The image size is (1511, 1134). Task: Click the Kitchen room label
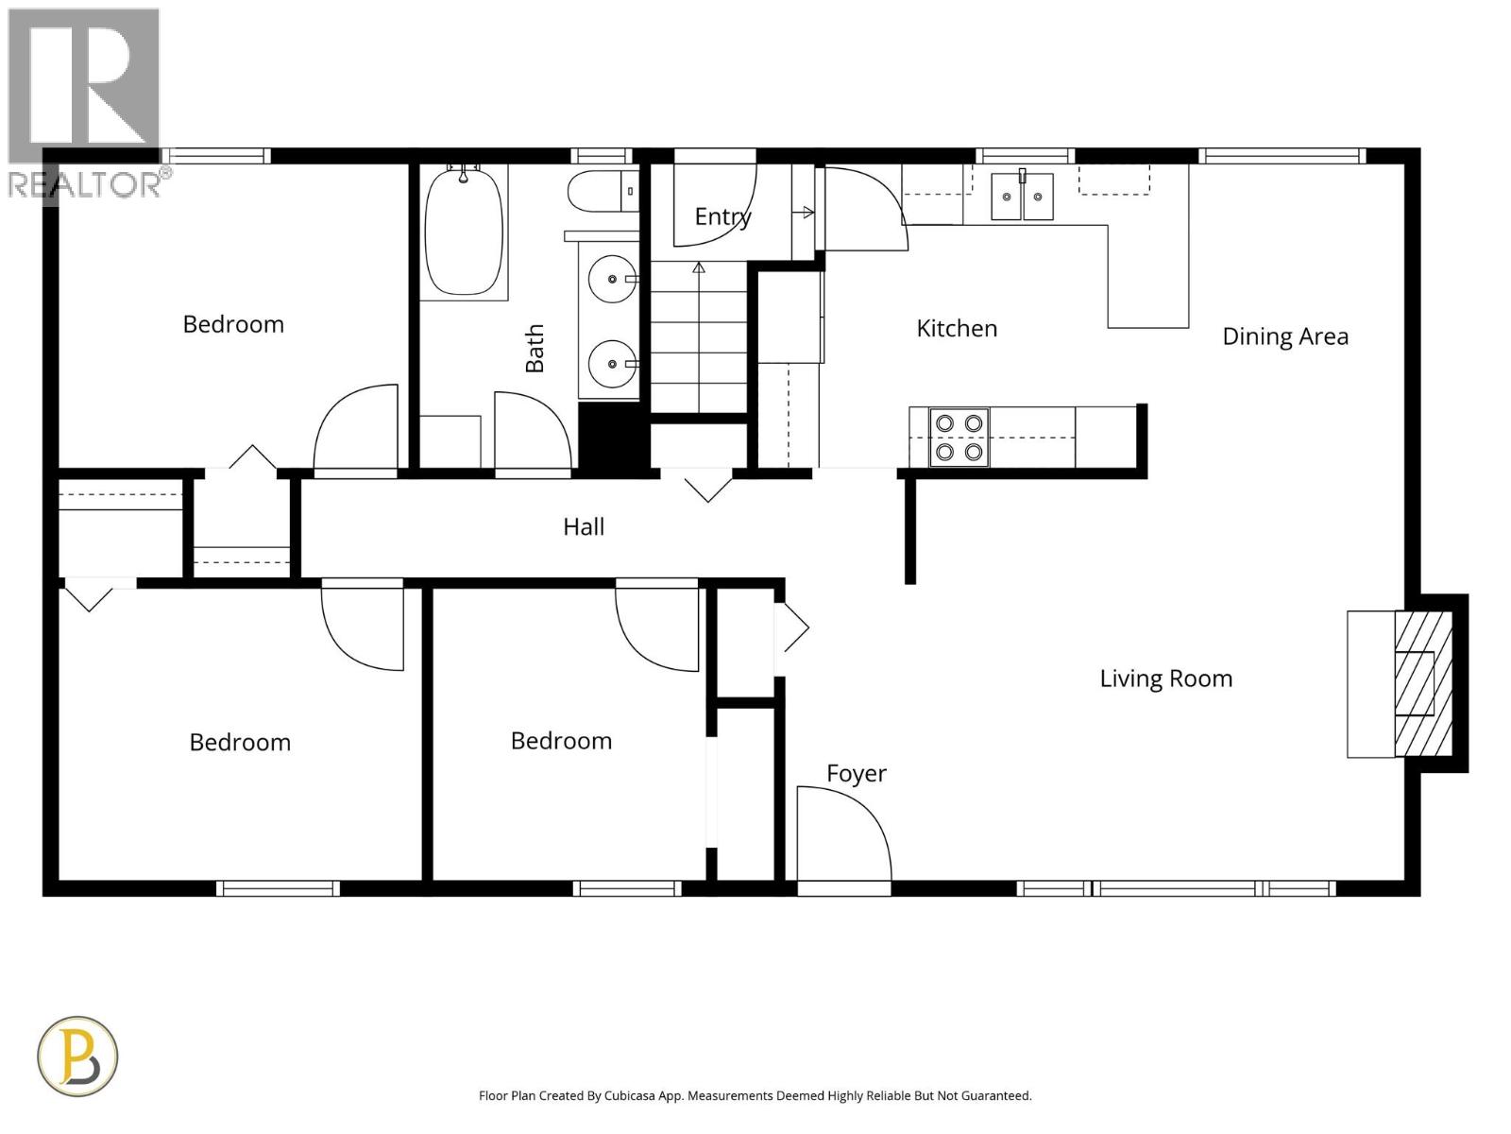957,328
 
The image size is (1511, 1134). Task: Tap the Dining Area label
1284,336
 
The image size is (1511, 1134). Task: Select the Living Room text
1165,679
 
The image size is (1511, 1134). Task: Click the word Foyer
856,773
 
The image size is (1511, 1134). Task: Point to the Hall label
584,526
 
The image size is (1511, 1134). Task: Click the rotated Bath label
535,348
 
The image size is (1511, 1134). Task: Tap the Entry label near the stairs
722,216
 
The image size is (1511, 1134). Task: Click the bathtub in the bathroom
463,232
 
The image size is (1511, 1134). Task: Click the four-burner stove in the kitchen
959,438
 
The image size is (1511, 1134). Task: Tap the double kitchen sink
1022,196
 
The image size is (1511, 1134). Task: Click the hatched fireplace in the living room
1422,682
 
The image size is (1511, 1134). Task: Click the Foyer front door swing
843,836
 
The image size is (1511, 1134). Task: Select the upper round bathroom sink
612,280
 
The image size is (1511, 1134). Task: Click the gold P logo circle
77,1056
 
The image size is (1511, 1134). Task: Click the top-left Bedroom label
233,324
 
